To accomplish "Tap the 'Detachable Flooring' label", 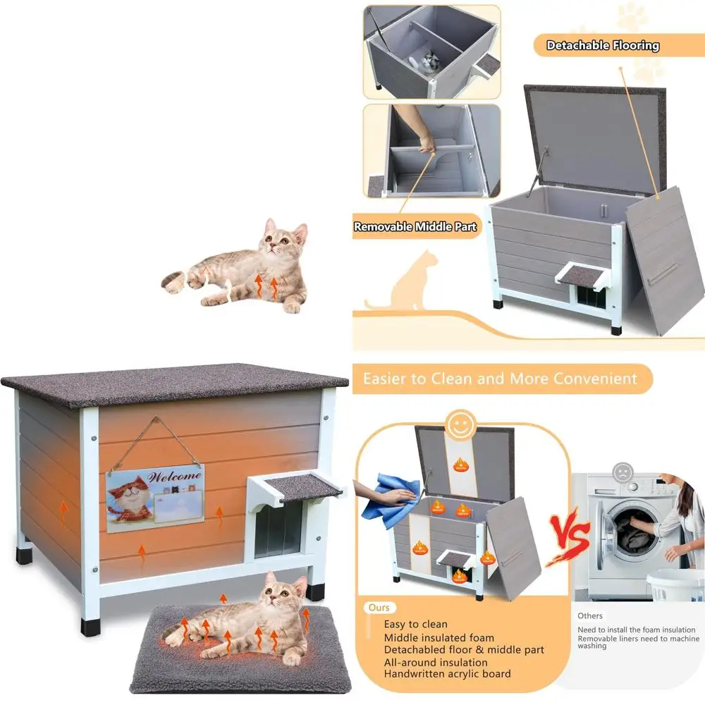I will pos(603,46).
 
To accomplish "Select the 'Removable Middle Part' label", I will pos(415,227).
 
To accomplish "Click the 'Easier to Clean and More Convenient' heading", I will pos(500,379).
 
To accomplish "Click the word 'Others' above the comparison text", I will pos(590,615).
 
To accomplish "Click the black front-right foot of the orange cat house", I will pos(315,591).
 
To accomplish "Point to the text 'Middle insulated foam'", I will pos(439,637).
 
